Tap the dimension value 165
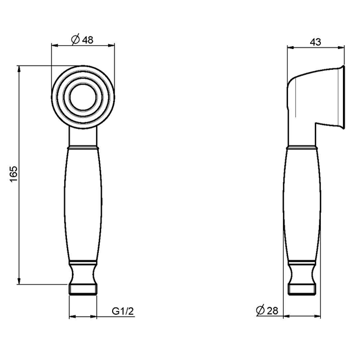click(14, 175)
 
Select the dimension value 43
click(315, 43)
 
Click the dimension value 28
click(273, 310)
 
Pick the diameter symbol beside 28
click(260, 310)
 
